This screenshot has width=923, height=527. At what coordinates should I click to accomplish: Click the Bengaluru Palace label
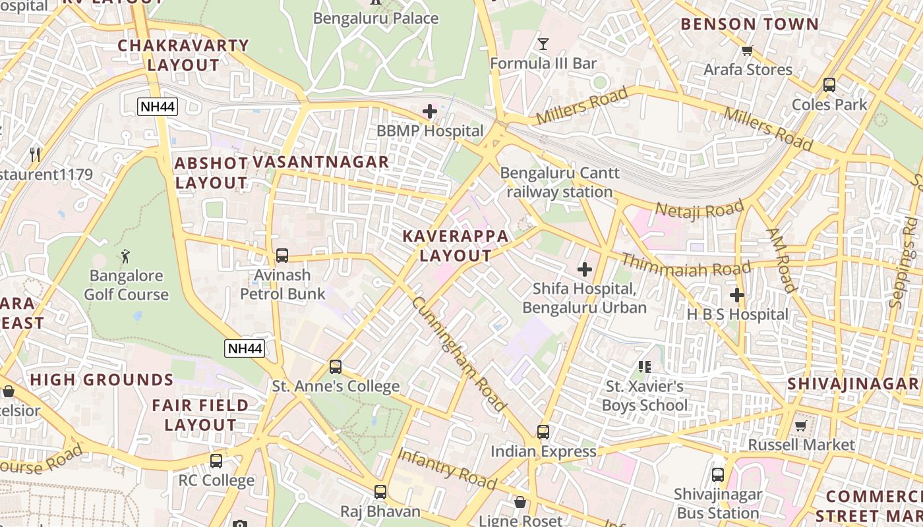pyautogui.click(x=375, y=18)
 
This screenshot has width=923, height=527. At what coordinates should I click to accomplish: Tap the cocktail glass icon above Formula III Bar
pyautogui.click(x=543, y=44)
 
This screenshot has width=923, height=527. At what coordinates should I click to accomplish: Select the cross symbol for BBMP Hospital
pyautogui.click(x=430, y=111)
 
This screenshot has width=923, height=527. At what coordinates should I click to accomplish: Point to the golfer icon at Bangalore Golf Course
pyautogui.click(x=125, y=256)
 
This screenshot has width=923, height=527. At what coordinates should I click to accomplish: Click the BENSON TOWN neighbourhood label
pyautogui.click(x=749, y=24)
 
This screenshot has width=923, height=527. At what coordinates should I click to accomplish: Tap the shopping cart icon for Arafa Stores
pyautogui.click(x=748, y=50)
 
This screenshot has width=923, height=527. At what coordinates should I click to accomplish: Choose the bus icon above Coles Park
pyautogui.click(x=829, y=85)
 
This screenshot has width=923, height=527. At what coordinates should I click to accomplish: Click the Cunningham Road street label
pyautogui.click(x=459, y=354)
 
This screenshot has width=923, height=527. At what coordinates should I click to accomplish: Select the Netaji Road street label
pyautogui.click(x=700, y=211)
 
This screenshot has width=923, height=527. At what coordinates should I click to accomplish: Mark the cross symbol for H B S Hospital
pyautogui.click(x=737, y=295)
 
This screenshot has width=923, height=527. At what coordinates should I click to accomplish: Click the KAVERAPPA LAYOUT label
pyautogui.click(x=456, y=246)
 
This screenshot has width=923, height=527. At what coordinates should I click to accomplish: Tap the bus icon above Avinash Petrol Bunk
pyautogui.click(x=282, y=255)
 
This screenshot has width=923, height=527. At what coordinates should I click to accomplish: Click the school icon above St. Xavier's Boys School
pyautogui.click(x=645, y=366)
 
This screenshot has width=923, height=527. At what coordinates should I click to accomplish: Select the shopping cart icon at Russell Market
pyautogui.click(x=801, y=426)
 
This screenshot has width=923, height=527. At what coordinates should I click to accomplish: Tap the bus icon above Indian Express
pyautogui.click(x=543, y=431)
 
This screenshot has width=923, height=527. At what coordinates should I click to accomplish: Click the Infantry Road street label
pyautogui.click(x=446, y=469)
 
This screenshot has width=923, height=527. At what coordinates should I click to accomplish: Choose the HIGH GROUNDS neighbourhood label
pyautogui.click(x=102, y=380)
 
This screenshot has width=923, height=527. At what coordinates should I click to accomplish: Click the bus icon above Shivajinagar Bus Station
pyautogui.click(x=718, y=474)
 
